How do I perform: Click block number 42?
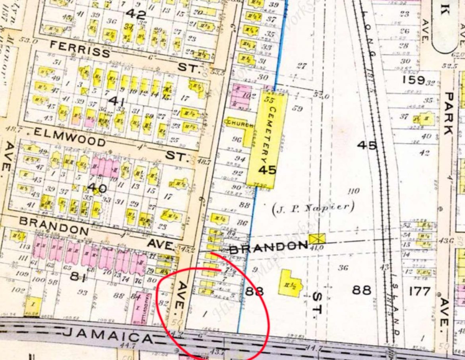click(x=136, y=14)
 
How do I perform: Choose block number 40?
click(x=97, y=187)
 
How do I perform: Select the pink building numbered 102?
click(x=241, y=97)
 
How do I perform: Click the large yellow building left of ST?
click(x=290, y=283)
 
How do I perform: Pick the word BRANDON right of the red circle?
click(x=268, y=248)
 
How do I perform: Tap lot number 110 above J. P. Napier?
click(x=353, y=191)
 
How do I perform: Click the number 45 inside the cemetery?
click(x=267, y=170)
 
